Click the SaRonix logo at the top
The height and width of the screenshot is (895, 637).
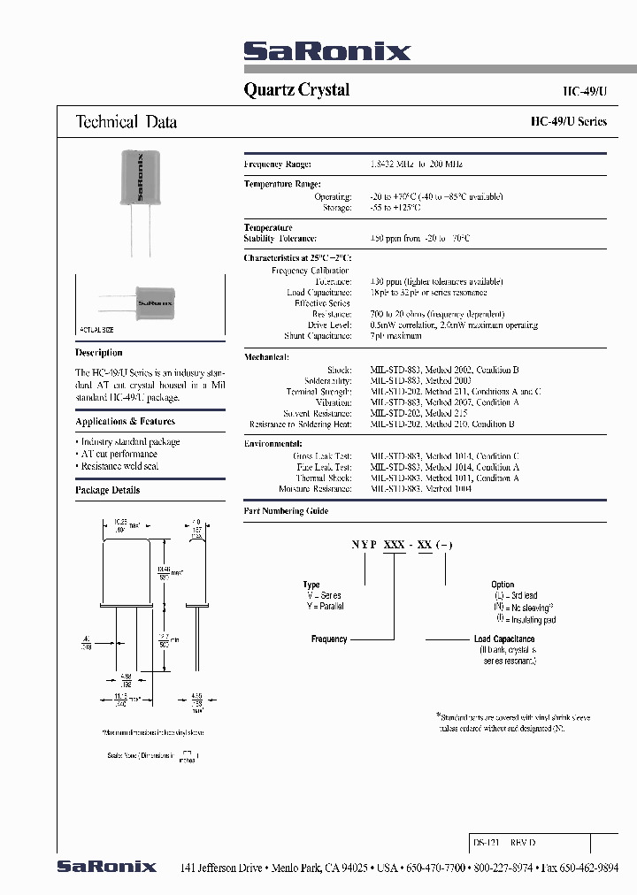[x=326, y=51]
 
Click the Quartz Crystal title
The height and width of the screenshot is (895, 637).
[x=295, y=89]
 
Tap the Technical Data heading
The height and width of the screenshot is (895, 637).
[x=127, y=122]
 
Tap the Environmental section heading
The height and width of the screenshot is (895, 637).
[x=272, y=444]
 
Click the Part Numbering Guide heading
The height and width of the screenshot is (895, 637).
[x=285, y=511]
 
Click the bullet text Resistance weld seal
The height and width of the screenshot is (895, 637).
[x=119, y=466]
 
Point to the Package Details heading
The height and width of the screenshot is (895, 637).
[x=107, y=490]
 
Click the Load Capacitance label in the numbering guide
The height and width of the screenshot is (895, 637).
[x=504, y=639]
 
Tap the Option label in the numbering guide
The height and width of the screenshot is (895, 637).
[x=502, y=585]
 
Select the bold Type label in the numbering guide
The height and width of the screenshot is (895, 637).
[x=311, y=585]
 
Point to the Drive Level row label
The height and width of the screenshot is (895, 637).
[x=331, y=325]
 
